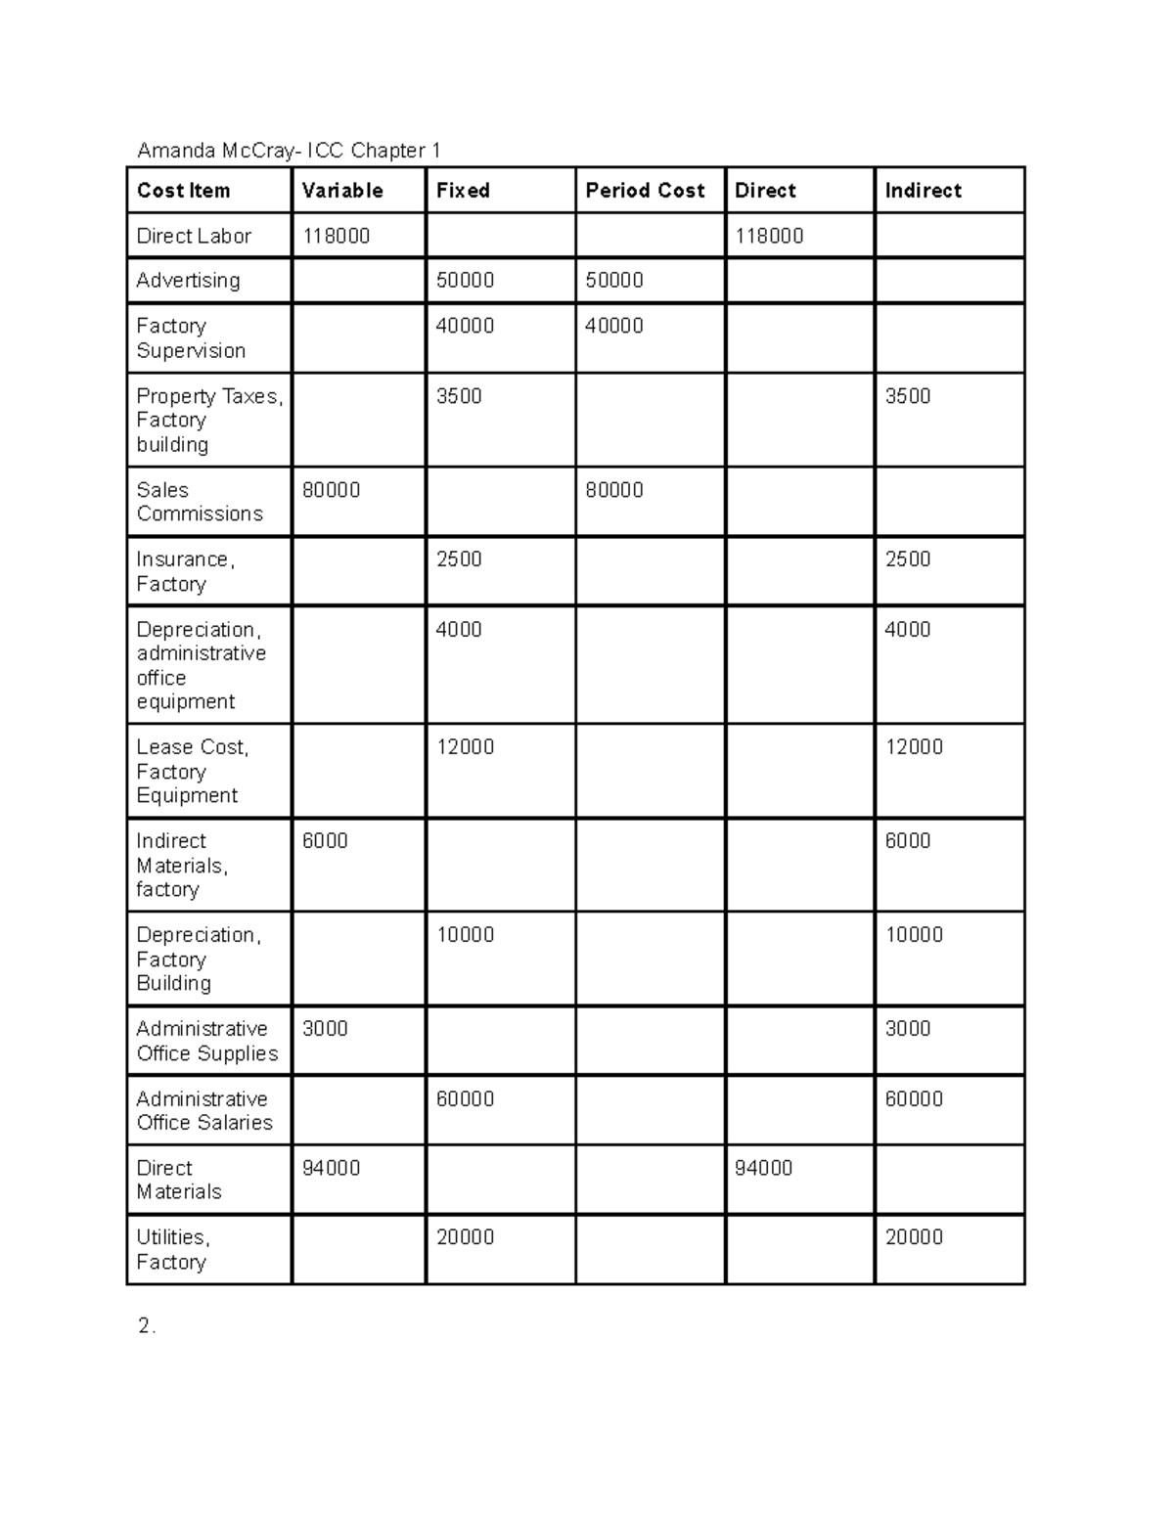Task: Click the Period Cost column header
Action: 645,191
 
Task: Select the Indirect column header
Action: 923,191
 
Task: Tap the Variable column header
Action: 341,191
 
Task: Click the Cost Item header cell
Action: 184,191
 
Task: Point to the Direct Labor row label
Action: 194,236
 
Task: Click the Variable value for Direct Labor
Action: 336,236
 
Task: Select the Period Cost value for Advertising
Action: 613,281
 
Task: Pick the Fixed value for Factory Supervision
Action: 465,326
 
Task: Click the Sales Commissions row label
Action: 200,502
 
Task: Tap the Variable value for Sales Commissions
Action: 331,490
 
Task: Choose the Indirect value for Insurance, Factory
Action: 907,559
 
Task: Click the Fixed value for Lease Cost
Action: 465,747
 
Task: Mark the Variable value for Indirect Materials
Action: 325,841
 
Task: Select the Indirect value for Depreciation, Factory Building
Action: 914,935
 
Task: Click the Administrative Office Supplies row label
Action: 206,1041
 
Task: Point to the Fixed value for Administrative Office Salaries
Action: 465,1099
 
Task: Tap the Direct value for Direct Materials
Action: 763,1169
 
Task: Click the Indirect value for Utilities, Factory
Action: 914,1237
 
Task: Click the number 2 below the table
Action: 145,1326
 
